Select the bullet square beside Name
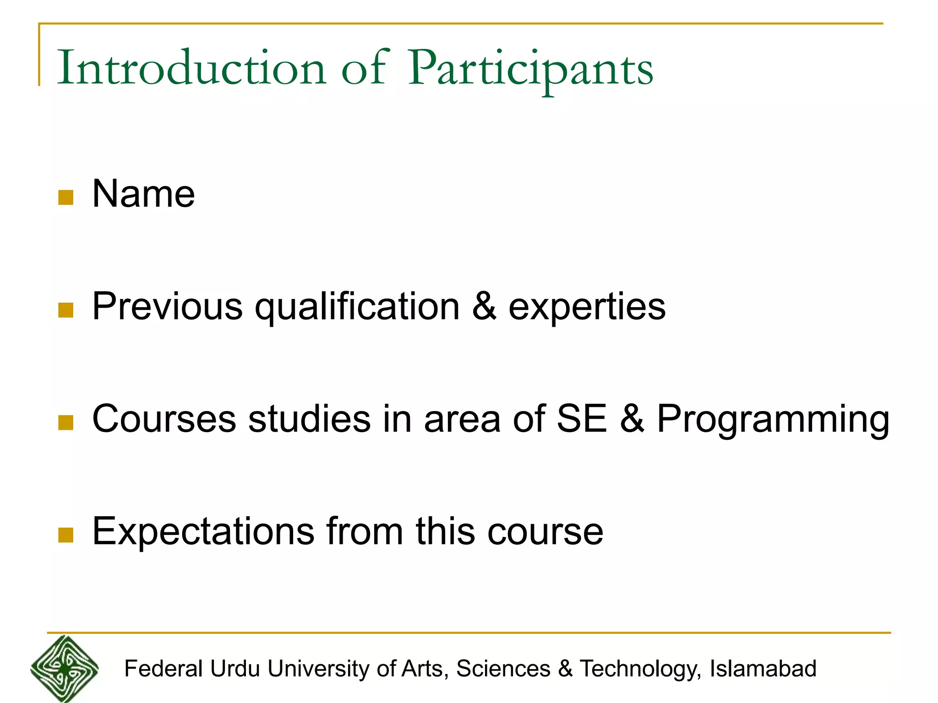[66, 197]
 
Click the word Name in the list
[143, 194]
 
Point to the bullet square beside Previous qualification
[66, 310]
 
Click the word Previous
[167, 306]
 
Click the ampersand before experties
[484, 306]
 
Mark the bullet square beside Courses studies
[66, 422]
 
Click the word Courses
[164, 419]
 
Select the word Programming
[773, 420]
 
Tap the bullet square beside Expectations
[66, 535]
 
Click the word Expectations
[203, 532]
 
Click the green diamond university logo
[65, 669]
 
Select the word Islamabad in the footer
[763, 669]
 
